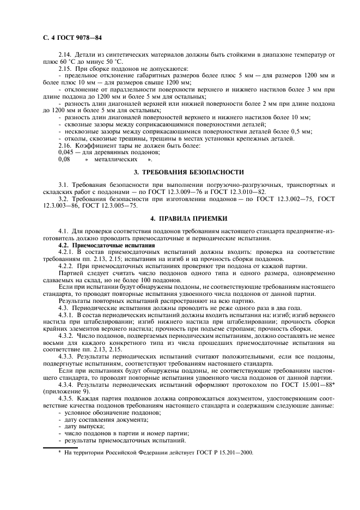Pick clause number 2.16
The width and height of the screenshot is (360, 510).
tap(65, 145)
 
